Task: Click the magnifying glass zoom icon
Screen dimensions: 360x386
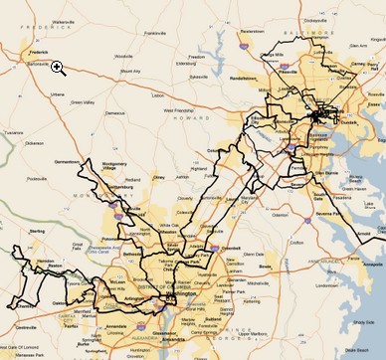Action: (59, 68)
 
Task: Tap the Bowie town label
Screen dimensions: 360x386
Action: (265, 267)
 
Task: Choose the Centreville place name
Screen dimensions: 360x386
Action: (15, 323)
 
